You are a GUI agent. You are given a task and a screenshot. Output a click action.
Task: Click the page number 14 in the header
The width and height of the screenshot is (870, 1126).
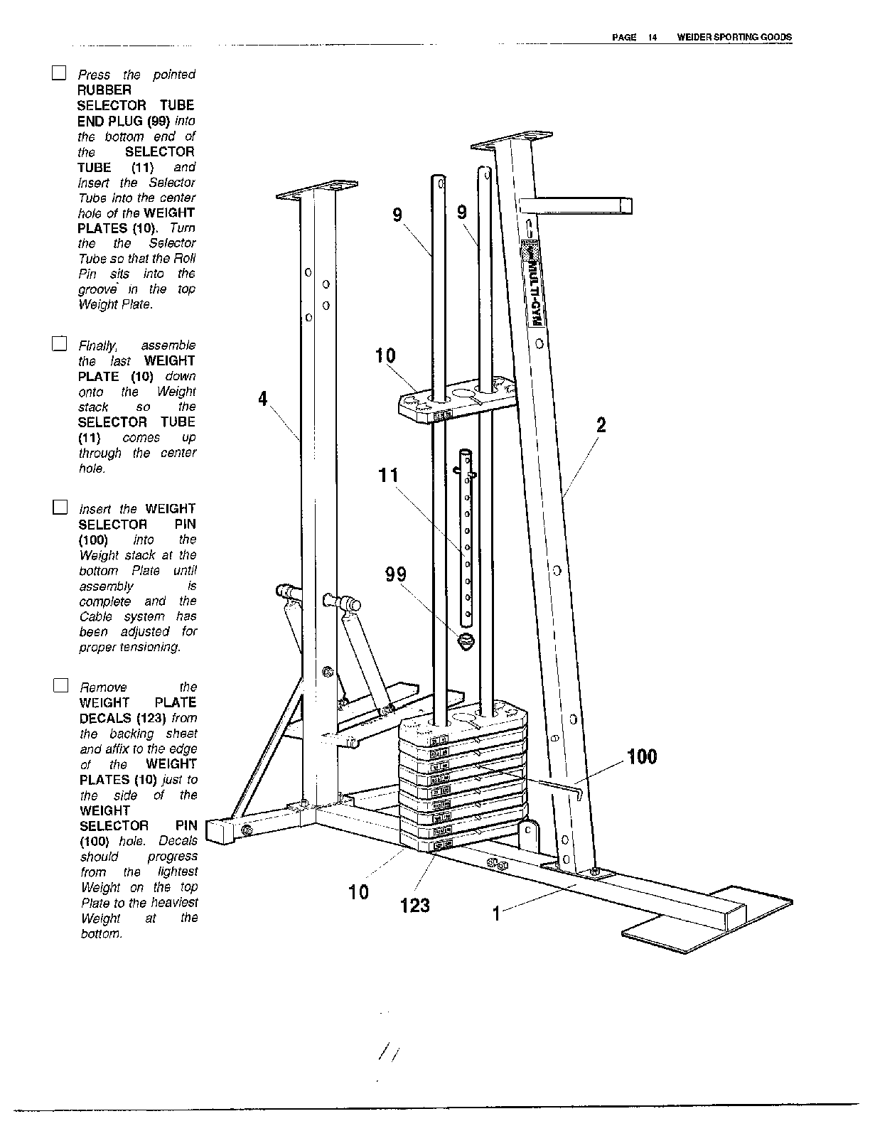tap(651, 38)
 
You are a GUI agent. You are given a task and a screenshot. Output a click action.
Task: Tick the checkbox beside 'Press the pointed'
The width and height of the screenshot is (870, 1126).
tap(59, 73)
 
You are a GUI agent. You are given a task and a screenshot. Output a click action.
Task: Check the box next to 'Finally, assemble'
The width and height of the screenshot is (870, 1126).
tap(59, 345)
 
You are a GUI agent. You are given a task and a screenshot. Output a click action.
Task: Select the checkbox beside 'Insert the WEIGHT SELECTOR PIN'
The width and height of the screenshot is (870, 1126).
tap(60, 508)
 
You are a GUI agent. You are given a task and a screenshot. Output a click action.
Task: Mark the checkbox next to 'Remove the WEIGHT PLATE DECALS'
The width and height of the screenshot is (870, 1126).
tap(60, 686)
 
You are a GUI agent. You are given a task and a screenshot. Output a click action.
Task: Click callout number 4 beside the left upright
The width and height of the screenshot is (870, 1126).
tap(263, 400)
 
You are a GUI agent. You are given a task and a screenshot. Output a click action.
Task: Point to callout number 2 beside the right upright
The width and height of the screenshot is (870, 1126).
tap(601, 426)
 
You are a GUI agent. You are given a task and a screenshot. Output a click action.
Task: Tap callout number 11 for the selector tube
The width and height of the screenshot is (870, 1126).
tap(388, 475)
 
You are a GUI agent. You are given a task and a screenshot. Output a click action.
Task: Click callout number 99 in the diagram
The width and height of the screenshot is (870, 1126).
tap(395, 574)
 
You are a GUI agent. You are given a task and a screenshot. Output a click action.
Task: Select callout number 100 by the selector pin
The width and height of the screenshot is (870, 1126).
tap(642, 757)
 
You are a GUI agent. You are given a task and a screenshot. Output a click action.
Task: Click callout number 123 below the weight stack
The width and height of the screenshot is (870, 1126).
tap(415, 905)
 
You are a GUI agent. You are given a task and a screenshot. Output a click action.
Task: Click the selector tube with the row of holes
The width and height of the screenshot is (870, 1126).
tap(467, 533)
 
